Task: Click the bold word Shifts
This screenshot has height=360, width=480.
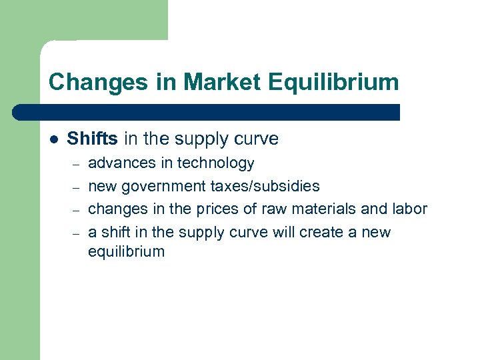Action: (x=92, y=139)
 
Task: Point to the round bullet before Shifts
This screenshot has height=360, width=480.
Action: (x=53, y=139)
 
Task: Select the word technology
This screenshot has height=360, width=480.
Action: (x=216, y=163)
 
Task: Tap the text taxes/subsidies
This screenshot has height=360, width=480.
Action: (x=265, y=186)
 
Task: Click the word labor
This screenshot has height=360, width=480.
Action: (x=408, y=209)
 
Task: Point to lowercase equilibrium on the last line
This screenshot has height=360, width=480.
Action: (x=126, y=251)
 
